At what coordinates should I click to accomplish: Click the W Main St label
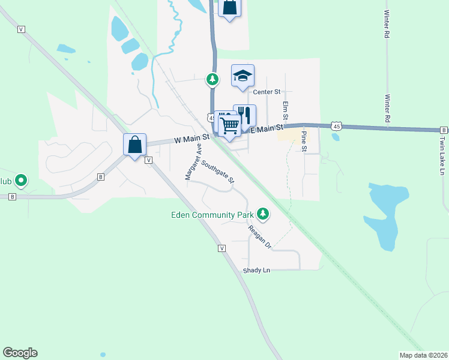pos(191,139)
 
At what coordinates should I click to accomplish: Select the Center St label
pos(267,92)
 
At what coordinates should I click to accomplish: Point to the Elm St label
pos(286,110)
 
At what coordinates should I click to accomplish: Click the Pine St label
pos(304,141)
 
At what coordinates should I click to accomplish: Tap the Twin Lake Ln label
pos(442,155)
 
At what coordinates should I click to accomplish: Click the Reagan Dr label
pos(260,238)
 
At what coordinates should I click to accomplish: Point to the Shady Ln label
pos(256,271)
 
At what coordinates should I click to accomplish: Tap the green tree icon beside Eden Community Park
pos(262,212)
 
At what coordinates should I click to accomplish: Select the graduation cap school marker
pos(243,76)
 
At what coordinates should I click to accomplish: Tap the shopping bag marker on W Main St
pos(134,145)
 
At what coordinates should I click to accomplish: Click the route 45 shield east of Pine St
pos(337,126)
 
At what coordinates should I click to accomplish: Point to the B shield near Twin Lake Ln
pos(444,130)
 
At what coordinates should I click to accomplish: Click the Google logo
pos(20,353)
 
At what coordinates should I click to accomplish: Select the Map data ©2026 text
pos(423,355)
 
